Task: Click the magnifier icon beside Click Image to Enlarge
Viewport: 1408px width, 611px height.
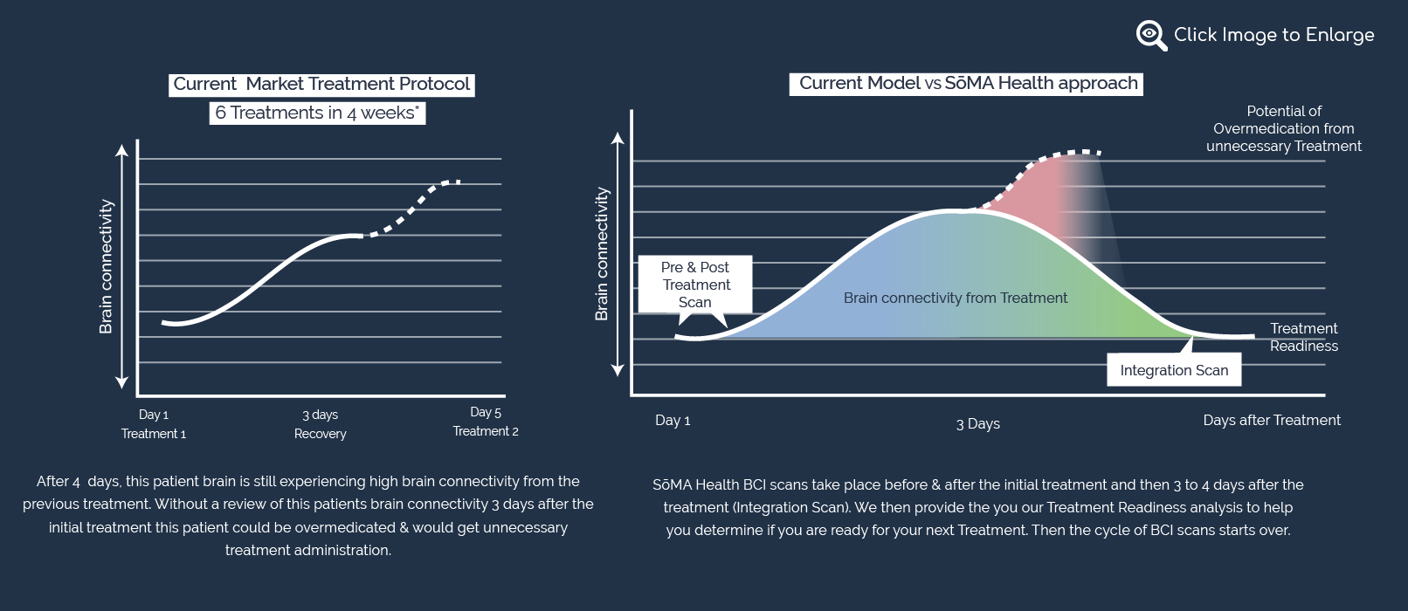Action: [1150, 35]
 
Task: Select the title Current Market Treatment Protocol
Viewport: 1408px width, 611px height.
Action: [321, 85]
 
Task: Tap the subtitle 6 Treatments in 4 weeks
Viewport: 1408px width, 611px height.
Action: [317, 113]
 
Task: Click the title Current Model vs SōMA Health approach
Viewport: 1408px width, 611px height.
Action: [968, 84]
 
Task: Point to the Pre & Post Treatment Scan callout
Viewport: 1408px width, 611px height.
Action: [695, 285]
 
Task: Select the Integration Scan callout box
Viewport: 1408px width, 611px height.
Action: [1174, 370]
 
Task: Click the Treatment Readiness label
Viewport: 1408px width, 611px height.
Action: [1303, 337]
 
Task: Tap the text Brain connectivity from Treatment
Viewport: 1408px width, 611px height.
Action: [956, 299]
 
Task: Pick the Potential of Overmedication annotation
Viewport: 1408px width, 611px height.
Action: [1283, 129]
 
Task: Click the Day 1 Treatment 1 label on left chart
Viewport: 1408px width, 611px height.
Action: [154, 424]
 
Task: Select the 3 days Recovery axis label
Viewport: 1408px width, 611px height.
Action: [321, 424]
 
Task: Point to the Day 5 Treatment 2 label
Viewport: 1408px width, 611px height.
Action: [486, 422]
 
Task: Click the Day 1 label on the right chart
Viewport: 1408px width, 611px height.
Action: [673, 421]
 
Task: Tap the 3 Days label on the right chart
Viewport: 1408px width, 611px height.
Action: [977, 424]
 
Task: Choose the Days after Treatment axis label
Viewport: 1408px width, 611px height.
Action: [1271, 421]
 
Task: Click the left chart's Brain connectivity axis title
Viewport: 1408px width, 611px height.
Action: [106, 266]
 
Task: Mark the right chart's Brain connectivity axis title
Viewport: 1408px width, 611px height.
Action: [602, 254]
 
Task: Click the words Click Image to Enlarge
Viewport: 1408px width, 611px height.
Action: [1273, 35]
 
